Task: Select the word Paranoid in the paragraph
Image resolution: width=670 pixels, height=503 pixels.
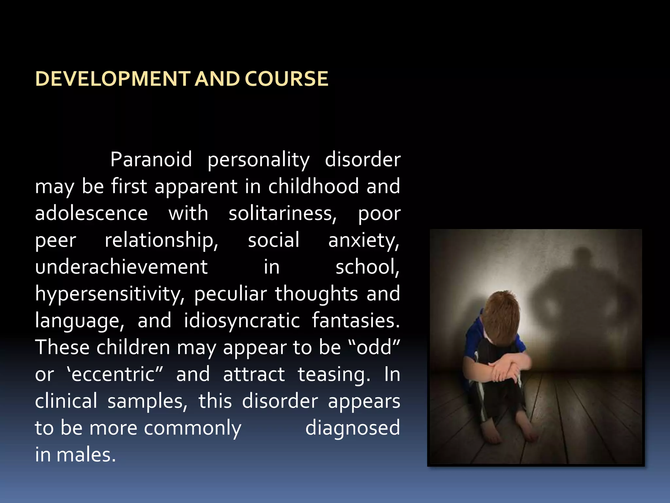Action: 151,159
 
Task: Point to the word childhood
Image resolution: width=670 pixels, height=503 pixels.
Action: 314,186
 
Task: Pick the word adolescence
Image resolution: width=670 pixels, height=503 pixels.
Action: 91,214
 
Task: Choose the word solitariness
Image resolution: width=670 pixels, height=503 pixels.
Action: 282,214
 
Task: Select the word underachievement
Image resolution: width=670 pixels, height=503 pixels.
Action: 121,267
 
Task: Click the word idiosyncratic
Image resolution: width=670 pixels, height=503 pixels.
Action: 242,321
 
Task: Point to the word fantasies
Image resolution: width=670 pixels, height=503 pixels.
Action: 356,321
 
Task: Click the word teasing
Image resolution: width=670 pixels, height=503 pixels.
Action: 334,374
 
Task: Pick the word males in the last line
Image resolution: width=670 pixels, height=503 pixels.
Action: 86,455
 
